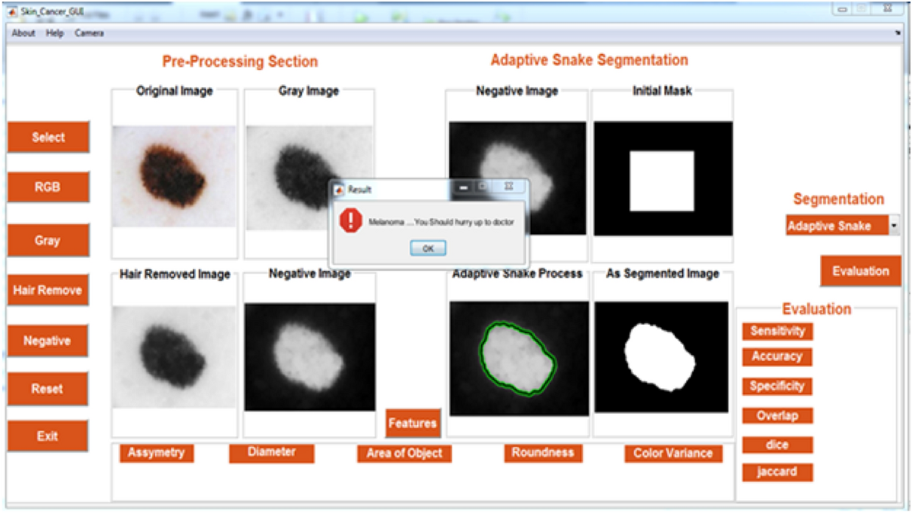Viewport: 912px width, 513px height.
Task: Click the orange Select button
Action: (49, 138)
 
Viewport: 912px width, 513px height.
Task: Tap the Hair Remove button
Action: (48, 290)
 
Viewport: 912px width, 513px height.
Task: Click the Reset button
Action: (48, 389)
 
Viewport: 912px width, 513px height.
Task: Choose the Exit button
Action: (48, 436)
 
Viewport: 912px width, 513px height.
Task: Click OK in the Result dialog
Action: (428, 249)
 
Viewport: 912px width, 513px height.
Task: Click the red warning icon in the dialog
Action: (350, 220)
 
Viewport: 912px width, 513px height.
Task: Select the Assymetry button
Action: (157, 453)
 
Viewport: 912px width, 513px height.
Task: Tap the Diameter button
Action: (271, 453)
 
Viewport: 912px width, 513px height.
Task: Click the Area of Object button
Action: (404, 454)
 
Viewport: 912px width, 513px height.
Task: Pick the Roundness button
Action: (543, 453)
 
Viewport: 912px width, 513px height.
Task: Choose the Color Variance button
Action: (673, 454)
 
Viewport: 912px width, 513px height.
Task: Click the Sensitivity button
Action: (777, 331)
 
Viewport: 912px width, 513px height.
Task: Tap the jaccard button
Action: (777, 472)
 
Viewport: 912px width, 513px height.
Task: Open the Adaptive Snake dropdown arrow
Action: (894, 225)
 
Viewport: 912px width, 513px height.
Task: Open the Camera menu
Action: (89, 33)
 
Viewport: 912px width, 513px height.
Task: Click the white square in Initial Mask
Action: (662, 181)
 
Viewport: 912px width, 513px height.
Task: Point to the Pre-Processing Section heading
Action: (240, 62)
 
